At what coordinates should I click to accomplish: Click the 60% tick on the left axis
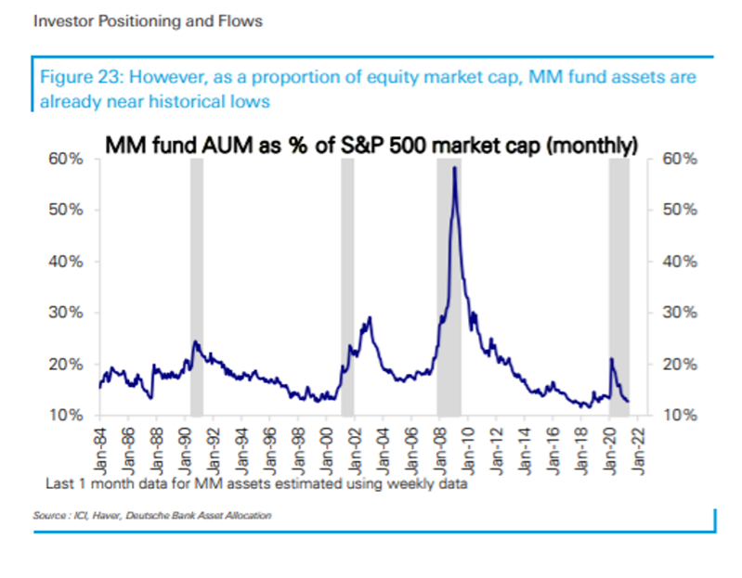[x=72, y=159]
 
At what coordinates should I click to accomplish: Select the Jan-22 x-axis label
[x=641, y=444]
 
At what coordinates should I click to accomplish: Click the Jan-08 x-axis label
[x=441, y=444]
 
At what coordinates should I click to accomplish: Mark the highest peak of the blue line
[x=454, y=168]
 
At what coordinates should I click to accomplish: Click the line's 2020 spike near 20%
[x=611, y=359]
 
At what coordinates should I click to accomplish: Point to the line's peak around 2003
[x=371, y=318]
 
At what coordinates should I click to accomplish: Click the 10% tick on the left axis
[x=72, y=415]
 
